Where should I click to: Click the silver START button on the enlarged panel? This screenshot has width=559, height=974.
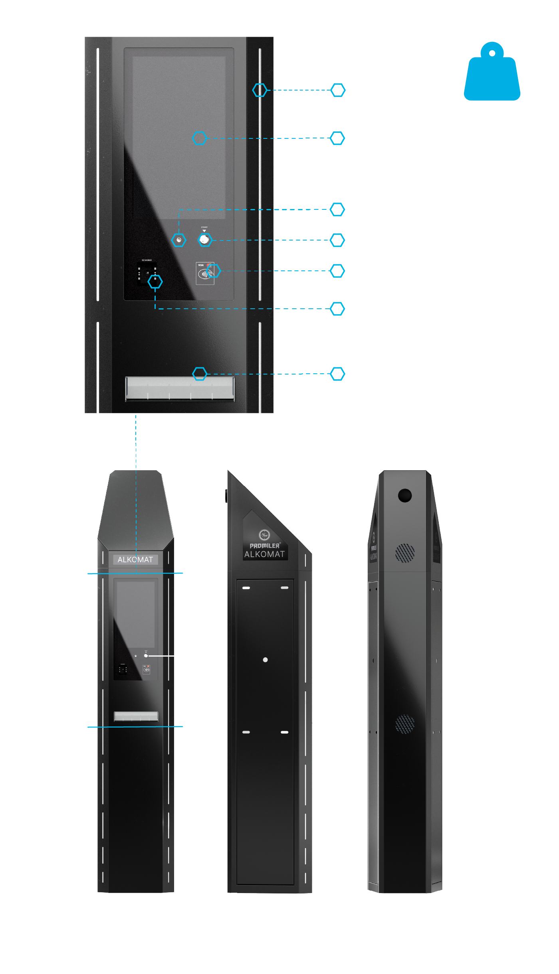[x=204, y=239]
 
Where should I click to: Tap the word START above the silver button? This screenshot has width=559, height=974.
[x=204, y=227]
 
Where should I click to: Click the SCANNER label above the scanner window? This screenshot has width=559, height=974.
[x=147, y=260]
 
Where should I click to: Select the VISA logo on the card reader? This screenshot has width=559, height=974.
[x=201, y=265]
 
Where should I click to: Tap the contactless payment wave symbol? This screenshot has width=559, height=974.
[x=204, y=274]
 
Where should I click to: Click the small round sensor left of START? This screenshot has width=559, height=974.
[x=179, y=240]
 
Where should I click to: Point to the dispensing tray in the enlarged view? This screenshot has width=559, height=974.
[x=180, y=388]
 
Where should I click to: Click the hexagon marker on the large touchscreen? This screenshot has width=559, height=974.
[x=199, y=138]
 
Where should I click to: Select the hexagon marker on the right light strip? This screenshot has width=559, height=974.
[x=260, y=90]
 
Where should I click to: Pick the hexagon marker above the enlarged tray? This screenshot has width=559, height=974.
[x=200, y=374]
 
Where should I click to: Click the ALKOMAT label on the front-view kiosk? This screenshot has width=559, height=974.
[x=135, y=560]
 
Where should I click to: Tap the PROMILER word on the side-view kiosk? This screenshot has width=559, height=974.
[x=265, y=546]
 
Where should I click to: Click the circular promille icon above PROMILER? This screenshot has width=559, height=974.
[x=264, y=535]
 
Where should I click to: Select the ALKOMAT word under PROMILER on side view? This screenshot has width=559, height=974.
[x=264, y=554]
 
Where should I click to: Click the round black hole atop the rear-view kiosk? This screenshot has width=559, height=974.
[x=405, y=495]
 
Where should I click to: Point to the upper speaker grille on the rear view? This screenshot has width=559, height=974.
[x=405, y=553]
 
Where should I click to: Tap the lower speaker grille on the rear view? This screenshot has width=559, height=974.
[x=405, y=724]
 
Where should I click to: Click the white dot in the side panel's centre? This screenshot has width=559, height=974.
[x=266, y=660]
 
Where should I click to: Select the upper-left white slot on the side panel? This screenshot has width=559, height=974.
[x=246, y=588]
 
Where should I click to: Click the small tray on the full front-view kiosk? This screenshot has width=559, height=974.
[x=136, y=716]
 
